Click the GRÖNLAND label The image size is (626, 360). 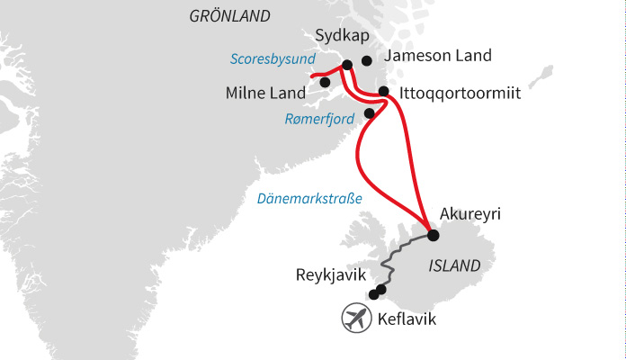(x=229, y=16)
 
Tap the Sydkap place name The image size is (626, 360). (x=342, y=36)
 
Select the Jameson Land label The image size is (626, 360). (x=437, y=56)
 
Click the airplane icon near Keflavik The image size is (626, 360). (x=357, y=317)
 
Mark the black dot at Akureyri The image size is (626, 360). (x=433, y=236)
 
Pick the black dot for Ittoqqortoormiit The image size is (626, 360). (x=384, y=91)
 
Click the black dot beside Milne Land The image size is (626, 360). (x=325, y=83)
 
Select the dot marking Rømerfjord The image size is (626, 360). (x=370, y=113)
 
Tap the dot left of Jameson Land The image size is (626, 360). (x=366, y=61)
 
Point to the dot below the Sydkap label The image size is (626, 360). (x=347, y=64)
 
